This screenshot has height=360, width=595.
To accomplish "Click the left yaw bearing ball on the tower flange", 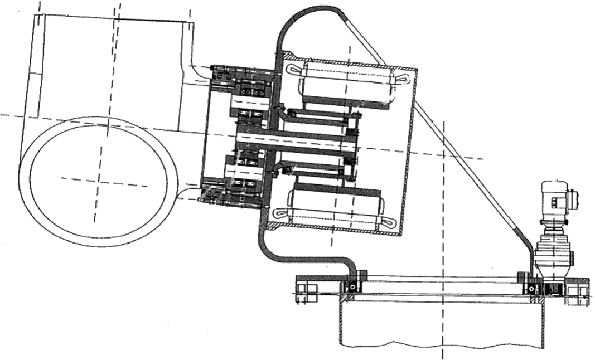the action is (x=352, y=288).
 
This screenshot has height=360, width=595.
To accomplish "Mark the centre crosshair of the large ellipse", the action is (x=99, y=179).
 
